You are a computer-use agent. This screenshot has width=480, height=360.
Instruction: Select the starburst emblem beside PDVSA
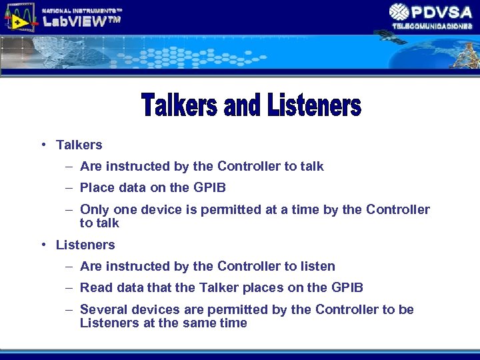(399, 12)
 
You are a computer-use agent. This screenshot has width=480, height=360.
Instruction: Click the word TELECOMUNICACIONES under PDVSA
(432, 26)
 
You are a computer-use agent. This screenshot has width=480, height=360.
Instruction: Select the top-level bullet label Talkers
(79, 145)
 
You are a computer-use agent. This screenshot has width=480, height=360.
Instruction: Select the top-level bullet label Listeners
(85, 245)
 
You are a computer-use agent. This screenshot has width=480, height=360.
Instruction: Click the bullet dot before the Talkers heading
(43, 145)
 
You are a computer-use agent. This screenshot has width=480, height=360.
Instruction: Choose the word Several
(101, 309)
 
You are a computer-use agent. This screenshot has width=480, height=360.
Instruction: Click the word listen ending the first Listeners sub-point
(317, 266)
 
